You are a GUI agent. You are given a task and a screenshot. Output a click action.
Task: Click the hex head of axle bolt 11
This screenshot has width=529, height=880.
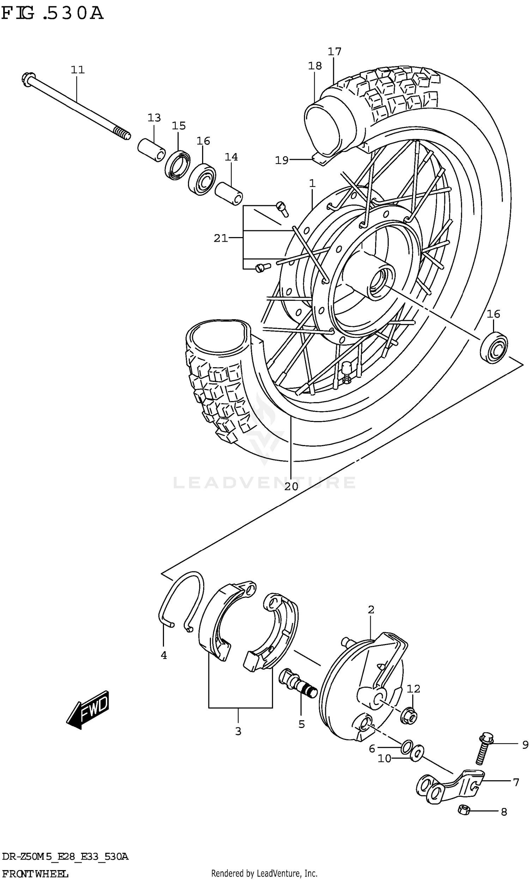(x=28, y=79)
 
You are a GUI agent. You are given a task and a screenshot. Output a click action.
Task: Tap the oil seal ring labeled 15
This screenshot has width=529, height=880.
(x=177, y=165)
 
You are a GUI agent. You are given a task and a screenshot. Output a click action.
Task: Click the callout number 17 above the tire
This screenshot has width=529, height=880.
(x=334, y=52)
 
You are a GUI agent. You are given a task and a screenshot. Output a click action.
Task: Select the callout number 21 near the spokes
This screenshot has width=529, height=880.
(x=221, y=238)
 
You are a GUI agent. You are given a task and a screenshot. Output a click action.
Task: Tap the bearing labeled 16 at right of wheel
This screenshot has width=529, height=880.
(x=494, y=347)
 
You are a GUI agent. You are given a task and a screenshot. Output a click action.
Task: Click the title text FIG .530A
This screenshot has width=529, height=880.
(x=53, y=13)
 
